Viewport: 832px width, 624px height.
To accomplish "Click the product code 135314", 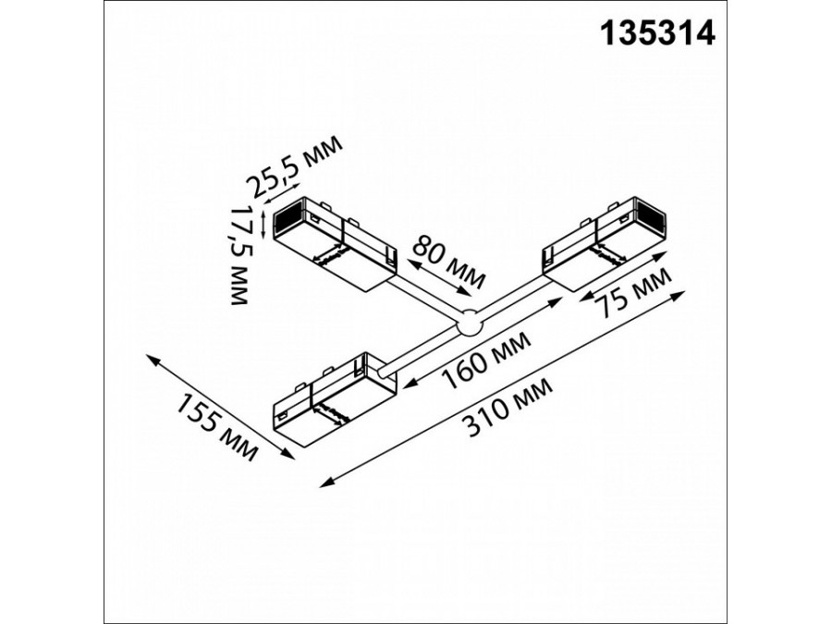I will click(x=658, y=34).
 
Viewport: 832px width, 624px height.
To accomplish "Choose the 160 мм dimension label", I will click(x=487, y=362).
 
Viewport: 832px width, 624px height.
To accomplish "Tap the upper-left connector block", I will click(x=337, y=245).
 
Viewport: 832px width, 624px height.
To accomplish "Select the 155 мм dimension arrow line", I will click(x=219, y=405).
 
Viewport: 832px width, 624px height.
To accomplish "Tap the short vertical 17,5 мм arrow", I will click(x=264, y=222).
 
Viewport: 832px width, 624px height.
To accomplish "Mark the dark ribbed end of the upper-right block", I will click(x=657, y=222).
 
